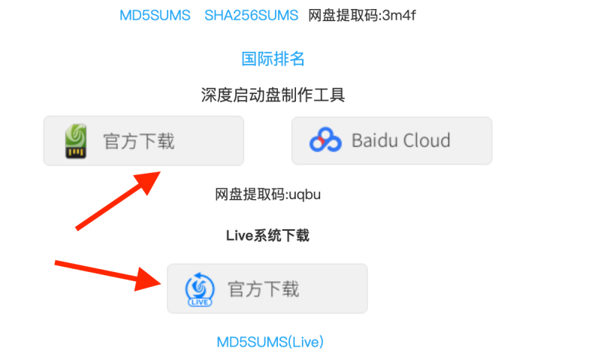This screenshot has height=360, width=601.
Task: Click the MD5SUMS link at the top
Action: [155, 15]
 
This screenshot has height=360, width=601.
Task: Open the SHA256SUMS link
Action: [251, 15]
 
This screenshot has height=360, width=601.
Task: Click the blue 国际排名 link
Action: [273, 59]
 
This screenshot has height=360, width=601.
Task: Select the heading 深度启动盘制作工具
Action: [273, 95]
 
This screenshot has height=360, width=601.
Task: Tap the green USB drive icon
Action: [75, 141]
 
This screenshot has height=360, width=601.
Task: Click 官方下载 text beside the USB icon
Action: [139, 141]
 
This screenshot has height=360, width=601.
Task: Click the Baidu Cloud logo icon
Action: [326, 141]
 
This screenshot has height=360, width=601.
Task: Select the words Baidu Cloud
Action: [400, 141]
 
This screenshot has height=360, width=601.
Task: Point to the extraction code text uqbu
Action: [305, 195]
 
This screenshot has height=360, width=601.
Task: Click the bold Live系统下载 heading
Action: [267, 235]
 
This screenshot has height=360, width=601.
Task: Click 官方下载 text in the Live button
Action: [263, 289]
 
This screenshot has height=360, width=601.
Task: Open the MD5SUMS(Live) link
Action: [270, 342]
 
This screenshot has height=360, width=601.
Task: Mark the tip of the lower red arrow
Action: [162, 283]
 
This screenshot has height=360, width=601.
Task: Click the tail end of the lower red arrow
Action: [56, 262]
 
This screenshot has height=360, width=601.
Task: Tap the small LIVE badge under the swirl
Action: [200, 302]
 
